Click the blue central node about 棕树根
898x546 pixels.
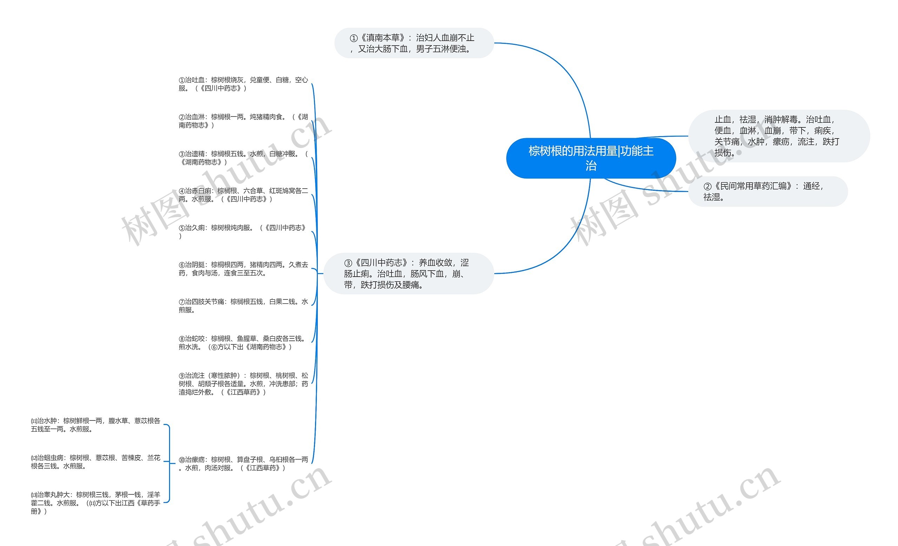tap(590, 158)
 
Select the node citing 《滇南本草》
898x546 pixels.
tap(414, 43)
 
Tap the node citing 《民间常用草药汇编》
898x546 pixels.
tap(767, 191)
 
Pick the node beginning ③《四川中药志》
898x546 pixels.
tap(408, 274)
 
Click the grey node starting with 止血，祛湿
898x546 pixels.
tap(778, 136)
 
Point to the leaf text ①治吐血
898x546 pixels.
tap(243, 84)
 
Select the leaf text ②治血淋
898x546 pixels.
tap(243, 121)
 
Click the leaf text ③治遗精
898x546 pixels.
tap(243, 158)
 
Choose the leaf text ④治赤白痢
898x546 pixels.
tap(243, 195)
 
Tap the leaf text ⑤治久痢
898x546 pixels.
tap(243, 232)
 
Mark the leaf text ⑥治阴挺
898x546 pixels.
tap(243, 269)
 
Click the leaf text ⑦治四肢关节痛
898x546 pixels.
tap(243, 305)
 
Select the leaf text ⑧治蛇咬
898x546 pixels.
tap(243, 343)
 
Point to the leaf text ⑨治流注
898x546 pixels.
tap(243, 384)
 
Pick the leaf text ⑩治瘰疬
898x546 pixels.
tap(243, 464)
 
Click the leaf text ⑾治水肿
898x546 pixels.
tap(95, 425)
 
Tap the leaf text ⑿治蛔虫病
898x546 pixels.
tap(95, 461)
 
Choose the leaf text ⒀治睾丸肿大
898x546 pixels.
tap(95, 503)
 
